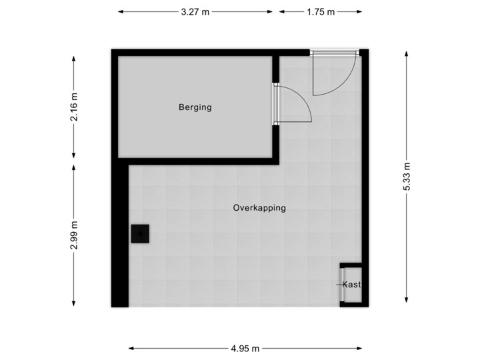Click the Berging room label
[195, 107]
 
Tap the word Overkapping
[259, 208]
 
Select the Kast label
[351, 285]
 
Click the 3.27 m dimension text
[196, 11]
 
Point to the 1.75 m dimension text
[321, 11]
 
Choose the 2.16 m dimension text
[73, 107]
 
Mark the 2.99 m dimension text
[73, 235]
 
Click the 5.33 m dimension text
[406, 177]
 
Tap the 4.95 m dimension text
[246, 347]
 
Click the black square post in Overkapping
[140, 234]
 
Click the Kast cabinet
[351, 285]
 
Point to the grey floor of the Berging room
[167, 133]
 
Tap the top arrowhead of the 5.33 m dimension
[406, 51]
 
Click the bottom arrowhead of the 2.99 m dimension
[73, 305]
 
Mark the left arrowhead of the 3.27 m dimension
[121, 11]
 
